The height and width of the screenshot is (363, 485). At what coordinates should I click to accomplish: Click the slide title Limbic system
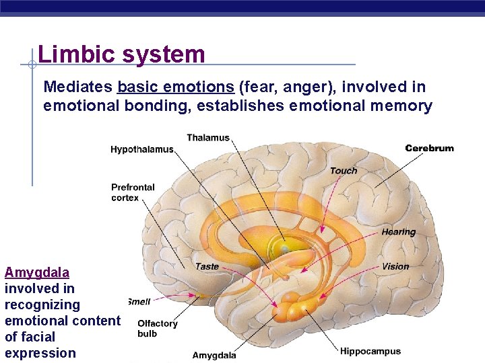pyautogui.click(x=121, y=54)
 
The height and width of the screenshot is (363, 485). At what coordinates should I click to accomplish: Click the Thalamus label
pyautogui.click(x=207, y=138)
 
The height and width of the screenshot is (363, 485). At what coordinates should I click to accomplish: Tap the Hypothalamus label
pyautogui.click(x=141, y=149)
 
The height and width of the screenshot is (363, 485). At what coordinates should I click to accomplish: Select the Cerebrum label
pyautogui.click(x=429, y=148)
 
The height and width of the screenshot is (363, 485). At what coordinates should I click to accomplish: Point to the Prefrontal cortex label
pyautogui.click(x=133, y=192)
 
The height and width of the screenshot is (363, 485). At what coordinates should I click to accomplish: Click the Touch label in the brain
pyautogui.click(x=344, y=171)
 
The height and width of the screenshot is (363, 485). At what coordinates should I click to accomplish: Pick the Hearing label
pyautogui.click(x=399, y=232)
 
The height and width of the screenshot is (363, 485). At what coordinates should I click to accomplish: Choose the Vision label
pyautogui.click(x=395, y=266)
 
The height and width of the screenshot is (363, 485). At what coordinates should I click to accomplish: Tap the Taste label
pyautogui.click(x=207, y=266)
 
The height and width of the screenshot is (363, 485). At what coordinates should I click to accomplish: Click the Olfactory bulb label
pyautogui.click(x=157, y=328)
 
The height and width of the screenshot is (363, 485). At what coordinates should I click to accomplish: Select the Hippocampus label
pyautogui.click(x=370, y=351)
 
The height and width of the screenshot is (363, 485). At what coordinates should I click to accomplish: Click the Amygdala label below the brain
pyautogui.click(x=214, y=355)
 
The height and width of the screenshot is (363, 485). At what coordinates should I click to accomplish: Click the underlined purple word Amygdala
pyautogui.click(x=37, y=272)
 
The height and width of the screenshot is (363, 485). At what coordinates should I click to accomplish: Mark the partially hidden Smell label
pyautogui.click(x=139, y=302)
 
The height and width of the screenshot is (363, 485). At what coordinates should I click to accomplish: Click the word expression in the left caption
pyautogui.click(x=40, y=353)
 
